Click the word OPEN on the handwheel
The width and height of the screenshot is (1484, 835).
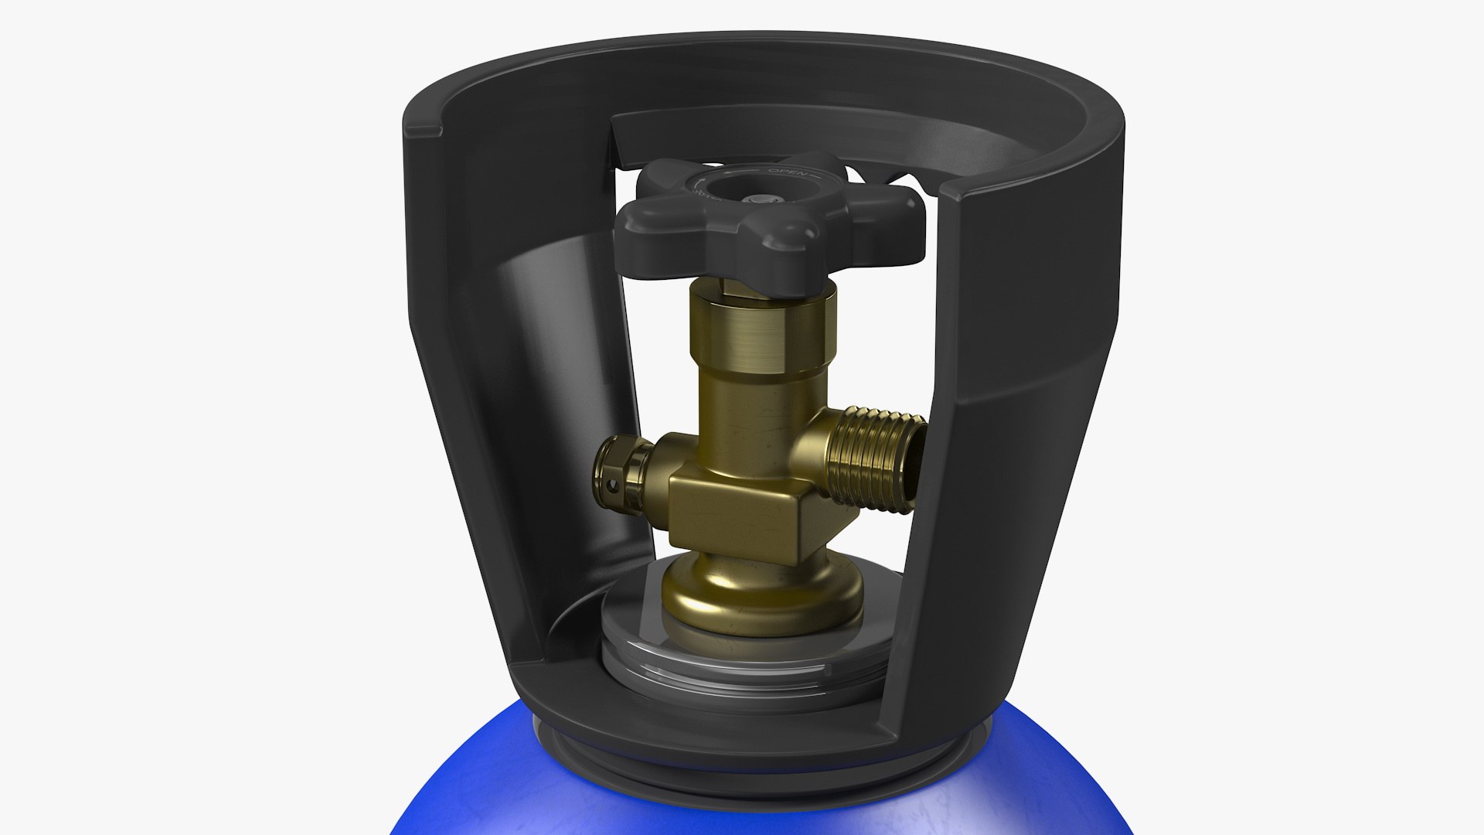[788, 172]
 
